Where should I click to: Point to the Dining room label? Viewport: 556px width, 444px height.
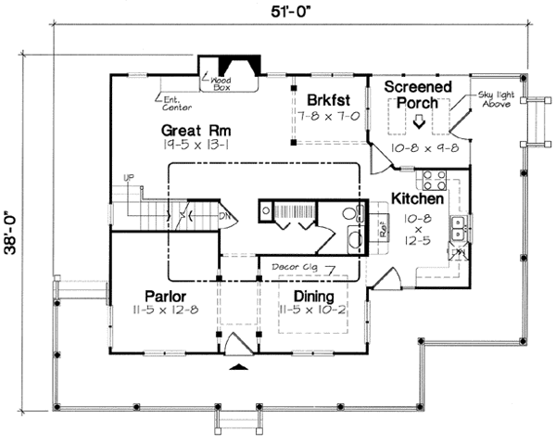(x=312, y=295)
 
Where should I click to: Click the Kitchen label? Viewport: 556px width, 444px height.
(x=418, y=198)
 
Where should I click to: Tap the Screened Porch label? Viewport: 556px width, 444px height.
(x=418, y=95)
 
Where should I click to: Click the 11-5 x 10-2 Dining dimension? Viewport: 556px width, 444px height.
(x=312, y=310)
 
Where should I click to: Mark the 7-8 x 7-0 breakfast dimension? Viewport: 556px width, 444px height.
(x=321, y=114)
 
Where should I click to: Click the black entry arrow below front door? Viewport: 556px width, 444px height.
(x=237, y=368)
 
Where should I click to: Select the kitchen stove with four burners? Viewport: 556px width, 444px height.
(x=434, y=178)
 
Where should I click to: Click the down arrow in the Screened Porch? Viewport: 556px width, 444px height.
(x=418, y=121)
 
